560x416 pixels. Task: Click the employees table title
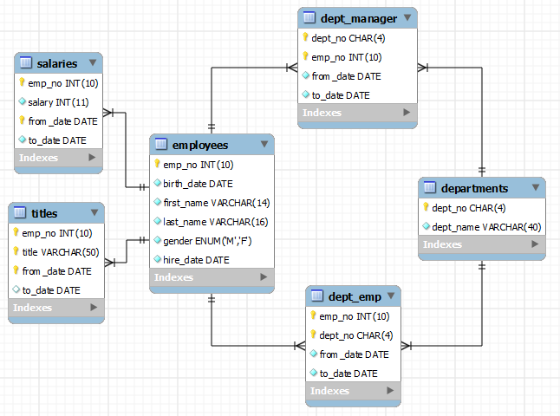pyautogui.click(x=200, y=145)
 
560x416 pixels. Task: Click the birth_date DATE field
pyautogui.click(x=198, y=184)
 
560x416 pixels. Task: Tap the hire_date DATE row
pyautogui.click(x=196, y=259)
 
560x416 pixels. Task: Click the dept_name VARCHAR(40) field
pyautogui.click(x=486, y=226)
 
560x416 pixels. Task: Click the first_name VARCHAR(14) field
pyautogui.click(x=216, y=203)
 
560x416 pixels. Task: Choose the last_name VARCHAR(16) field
pyautogui.click(x=216, y=222)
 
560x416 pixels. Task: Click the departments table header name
pyautogui.click(x=474, y=188)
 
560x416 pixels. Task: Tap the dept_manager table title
pyautogui.click(x=358, y=18)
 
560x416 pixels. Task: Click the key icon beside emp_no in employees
pyautogui.click(x=157, y=165)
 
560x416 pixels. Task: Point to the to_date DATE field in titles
pyautogui.click(x=51, y=290)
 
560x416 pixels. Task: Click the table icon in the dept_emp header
pyautogui.click(x=317, y=296)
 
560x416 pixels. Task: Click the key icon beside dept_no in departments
pyautogui.click(x=426, y=208)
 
